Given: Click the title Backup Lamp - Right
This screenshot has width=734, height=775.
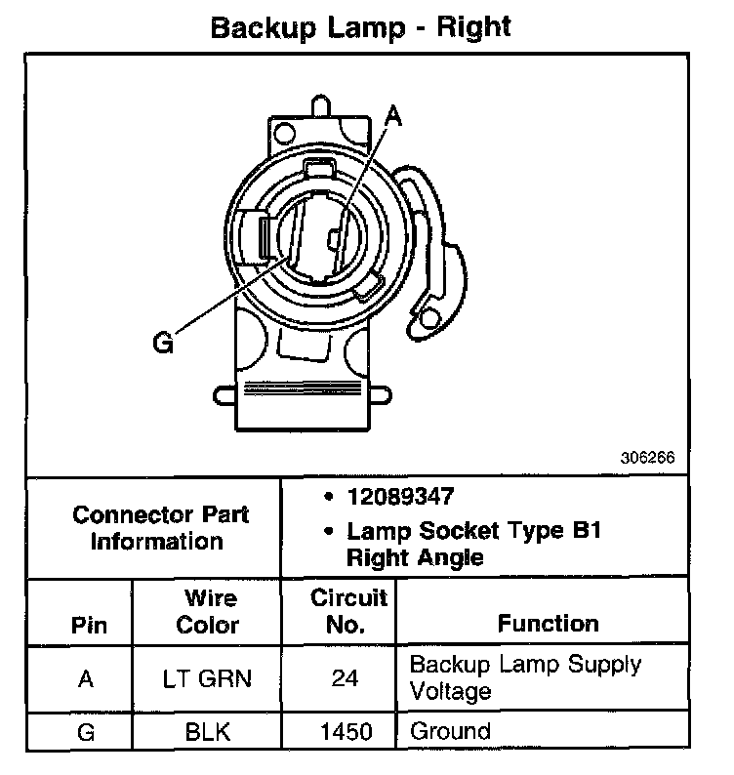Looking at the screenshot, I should pyautogui.click(x=361, y=26).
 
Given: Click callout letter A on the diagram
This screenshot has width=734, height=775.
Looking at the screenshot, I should pyautogui.click(x=392, y=116).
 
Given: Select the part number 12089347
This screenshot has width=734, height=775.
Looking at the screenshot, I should pyautogui.click(x=400, y=497).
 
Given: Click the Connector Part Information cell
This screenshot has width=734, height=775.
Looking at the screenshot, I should pyautogui.click(x=160, y=528).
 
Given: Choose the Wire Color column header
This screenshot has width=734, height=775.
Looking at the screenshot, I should pyautogui.click(x=207, y=611).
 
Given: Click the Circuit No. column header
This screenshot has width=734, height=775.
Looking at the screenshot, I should pyautogui.click(x=347, y=611).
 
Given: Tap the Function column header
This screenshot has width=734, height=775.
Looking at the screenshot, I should pyautogui.click(x=548, y=624).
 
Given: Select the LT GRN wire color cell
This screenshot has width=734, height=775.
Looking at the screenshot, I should pyautogui.click(x=207, y=678).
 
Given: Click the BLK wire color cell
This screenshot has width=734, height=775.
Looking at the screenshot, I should pyautogui.click(x=207, y=731).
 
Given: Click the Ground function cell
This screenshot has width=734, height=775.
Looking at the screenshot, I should pyautogui.click(x=450, y=730).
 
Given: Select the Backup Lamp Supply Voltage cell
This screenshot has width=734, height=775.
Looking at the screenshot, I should pyautogui.click(x=525, y=677).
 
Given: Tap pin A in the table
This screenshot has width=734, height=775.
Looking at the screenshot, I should pyautogui.click(x=86, y=678).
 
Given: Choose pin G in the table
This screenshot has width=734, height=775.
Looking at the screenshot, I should pyautogui.click(x=86, y=731).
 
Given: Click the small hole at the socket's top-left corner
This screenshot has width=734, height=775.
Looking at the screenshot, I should pyautogui.click(x=282, y=129).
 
